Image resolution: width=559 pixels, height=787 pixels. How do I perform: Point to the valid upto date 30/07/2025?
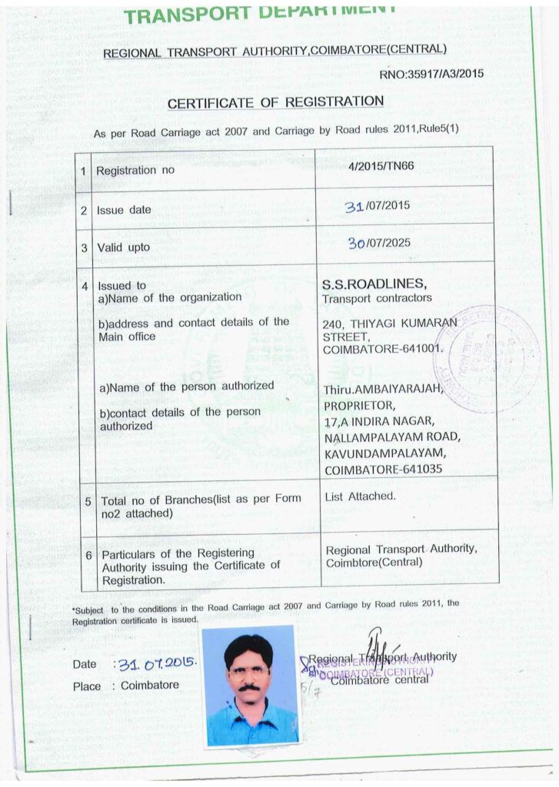tap(378, 243)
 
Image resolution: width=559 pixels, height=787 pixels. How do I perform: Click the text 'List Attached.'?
tap(361, 496)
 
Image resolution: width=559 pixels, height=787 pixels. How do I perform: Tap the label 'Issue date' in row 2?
tap(124, 210)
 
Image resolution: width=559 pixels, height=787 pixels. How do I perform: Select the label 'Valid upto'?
tap(123, 247)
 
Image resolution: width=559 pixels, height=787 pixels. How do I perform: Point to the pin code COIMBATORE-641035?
tap(384, 469)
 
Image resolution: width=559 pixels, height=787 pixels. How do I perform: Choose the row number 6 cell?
tap(89, 555)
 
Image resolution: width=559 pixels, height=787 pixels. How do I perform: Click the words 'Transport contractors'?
tap(377, 297)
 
